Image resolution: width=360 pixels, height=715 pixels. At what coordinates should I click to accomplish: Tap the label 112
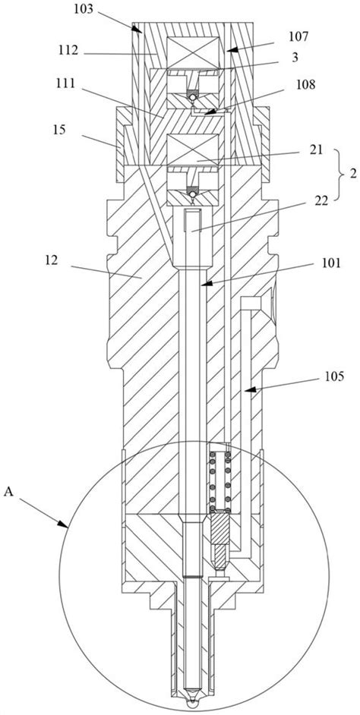coord(68,50)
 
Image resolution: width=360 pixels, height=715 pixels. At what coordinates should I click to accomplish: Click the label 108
coord(298,85)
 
